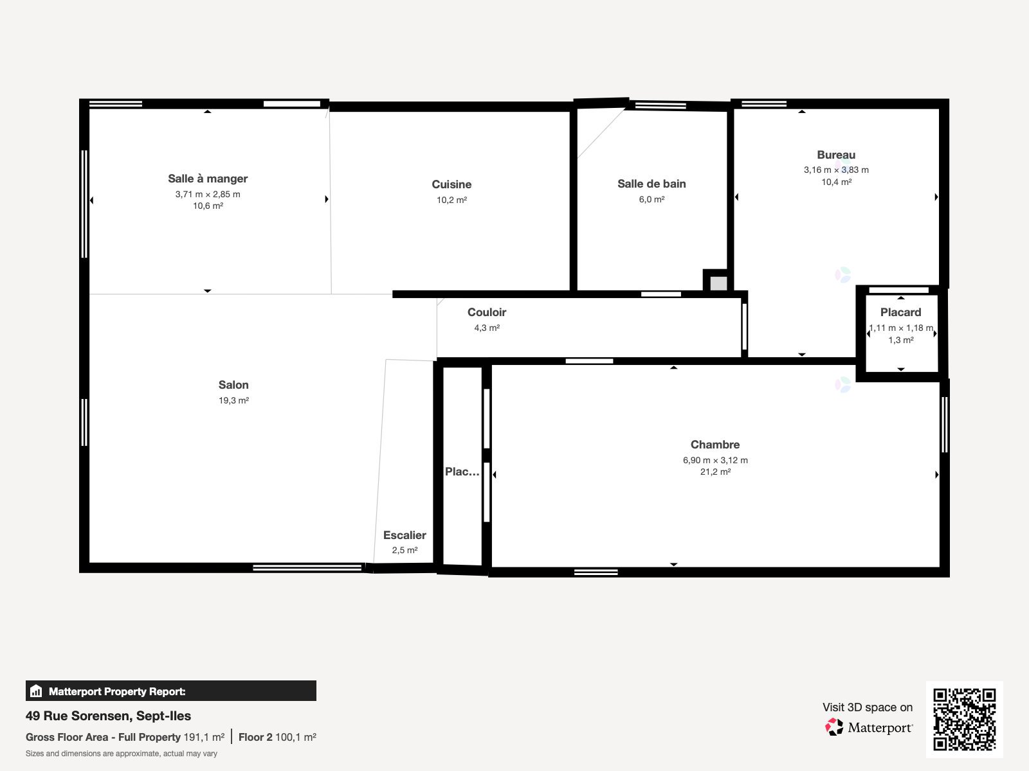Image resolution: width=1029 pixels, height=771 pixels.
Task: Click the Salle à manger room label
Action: point(208,179)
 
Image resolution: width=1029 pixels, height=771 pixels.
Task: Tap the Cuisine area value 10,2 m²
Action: point(451,200)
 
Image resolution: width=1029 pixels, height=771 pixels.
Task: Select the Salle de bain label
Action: point(651,184)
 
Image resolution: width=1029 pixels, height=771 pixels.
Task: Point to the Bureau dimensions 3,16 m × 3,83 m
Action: point(835,170)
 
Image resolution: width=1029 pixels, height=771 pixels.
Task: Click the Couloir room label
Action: point(487,312)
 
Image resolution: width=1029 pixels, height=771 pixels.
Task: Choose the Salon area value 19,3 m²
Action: point(233,400)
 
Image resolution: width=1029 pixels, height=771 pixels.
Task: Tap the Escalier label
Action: point(405,535)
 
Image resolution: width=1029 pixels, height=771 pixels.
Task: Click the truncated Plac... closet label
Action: point(462,472)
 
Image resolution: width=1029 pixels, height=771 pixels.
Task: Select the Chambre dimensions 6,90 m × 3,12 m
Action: point(715,460)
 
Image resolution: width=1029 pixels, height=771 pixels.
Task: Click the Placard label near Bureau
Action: point(900,312)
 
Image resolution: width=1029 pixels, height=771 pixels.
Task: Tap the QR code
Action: point(964,719)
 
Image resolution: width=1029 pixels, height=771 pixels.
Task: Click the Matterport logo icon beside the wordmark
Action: point(834,727)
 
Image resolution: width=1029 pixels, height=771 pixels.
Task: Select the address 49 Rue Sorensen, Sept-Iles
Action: point(108,716)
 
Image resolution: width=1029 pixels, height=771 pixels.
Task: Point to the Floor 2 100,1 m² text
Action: point(277,737)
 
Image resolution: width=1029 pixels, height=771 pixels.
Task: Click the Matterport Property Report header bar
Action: point(170,691)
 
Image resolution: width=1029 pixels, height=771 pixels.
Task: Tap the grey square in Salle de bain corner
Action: point(718,283)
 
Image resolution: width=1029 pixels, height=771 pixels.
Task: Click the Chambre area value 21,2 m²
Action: point(715,472)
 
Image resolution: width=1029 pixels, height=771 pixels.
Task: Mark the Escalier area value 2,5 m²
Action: point(405,550)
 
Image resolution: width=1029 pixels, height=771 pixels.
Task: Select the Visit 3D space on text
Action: point(867,707)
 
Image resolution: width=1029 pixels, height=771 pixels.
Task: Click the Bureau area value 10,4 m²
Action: point(836,182)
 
